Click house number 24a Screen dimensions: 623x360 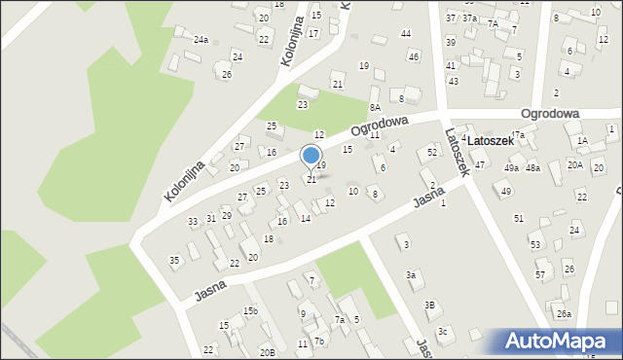point(201,40)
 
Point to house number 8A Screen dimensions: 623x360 point(374,107)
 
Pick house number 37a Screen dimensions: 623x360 point(469,18)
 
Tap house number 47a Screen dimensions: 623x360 point(518,135)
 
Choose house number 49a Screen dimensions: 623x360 point(511,168)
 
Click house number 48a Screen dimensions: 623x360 point(532,168)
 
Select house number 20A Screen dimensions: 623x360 point(575,164)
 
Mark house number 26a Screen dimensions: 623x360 point(564,313)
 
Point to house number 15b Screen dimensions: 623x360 point(250,310)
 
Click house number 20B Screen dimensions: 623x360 point(267,352)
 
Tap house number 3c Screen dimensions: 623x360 point(442,332)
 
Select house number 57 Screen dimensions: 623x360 point(540,275)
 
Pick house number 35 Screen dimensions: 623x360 point(174,260)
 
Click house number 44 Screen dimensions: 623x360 point(406,34)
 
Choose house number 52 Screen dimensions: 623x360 point(432,153)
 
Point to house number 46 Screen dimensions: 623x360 point(414,56)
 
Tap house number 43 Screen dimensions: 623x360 point(453,81)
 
